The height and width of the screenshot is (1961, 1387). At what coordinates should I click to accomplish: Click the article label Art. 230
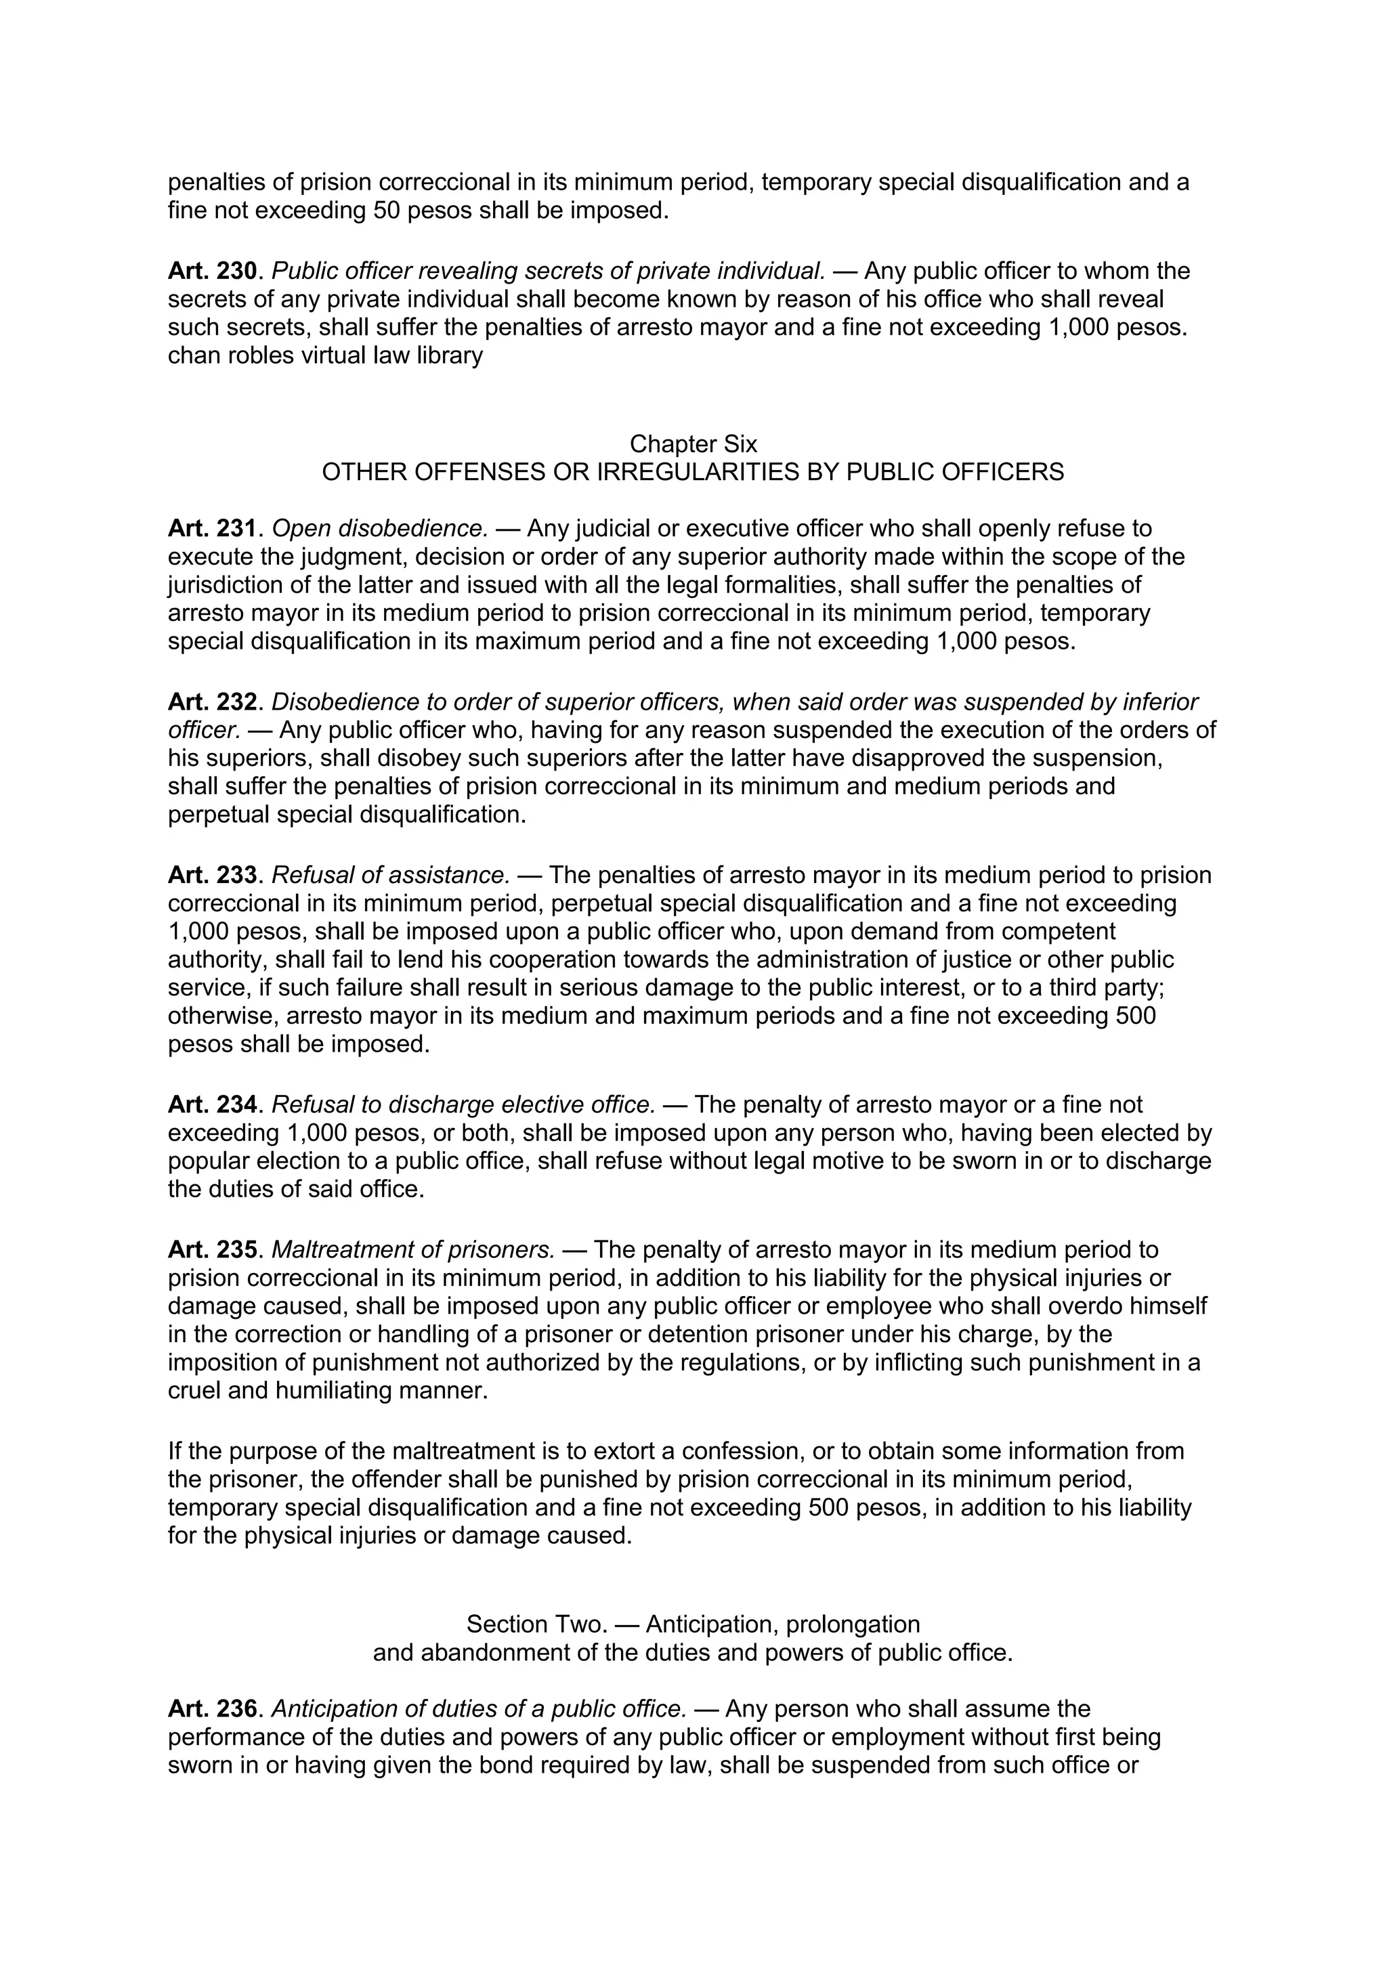tap(212, 272)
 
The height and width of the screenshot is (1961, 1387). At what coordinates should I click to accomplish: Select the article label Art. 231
tap(212, 529)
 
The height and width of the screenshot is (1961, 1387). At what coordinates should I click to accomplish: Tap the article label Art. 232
tap(212, 702)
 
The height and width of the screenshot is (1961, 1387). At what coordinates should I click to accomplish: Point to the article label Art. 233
tap(212, 876)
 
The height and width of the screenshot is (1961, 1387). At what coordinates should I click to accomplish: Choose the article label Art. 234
tap(212, 1105)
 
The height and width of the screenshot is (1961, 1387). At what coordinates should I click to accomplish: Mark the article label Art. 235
tap(212, 1251)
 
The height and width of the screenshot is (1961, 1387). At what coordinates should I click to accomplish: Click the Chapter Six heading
tap(693, 444)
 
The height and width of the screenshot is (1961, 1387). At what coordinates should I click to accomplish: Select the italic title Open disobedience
tap(380, 529)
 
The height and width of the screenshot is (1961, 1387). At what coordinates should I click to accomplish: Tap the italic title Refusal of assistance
tap(390, 876)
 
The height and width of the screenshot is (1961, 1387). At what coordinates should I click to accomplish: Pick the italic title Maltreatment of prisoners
tap(413, 1251)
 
